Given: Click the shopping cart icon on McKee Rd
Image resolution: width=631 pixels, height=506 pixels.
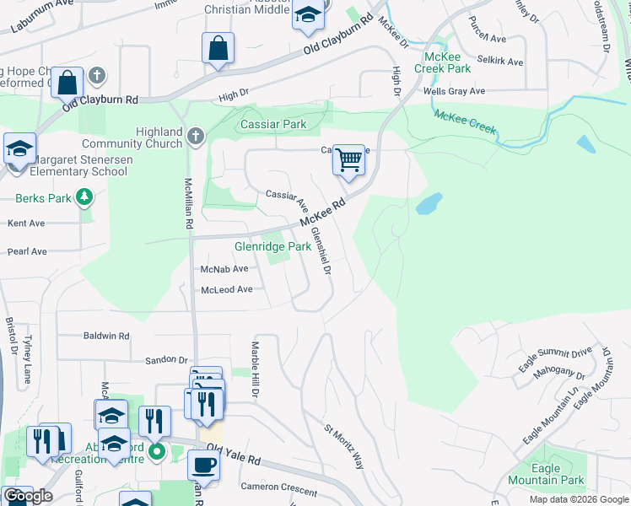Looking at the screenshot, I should pyautogui.click(x=348, y=159).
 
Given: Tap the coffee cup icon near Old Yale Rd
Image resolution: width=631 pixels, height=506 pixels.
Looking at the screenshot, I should pyautogui.click(x=203, y=464).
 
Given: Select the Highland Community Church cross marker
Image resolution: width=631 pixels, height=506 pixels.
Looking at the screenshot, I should pyautogui.click(x=196, y=135).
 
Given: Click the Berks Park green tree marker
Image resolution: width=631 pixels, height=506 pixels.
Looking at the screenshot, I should pyautogui.click(x=84, y=198).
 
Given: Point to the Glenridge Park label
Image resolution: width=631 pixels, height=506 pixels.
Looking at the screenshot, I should pyautogui.click(x=272, y=247).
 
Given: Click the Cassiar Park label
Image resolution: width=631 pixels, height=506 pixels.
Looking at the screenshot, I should pyautogui.click(x=274, y=125).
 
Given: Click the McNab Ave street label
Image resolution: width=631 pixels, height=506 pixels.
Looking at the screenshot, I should pyautogui.click(x=224, y=269).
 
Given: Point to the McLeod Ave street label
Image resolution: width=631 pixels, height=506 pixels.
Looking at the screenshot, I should pyautogui.click(x=226, y=289).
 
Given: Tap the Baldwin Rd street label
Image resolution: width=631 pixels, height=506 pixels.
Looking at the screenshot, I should pyautogui.click(x=106, y=336).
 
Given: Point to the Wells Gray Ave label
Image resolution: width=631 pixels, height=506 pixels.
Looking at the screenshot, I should pyautogui.click(x=454, y=91).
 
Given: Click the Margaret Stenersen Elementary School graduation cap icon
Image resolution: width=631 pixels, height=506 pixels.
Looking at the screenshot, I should pyautogui.click(x=19, y=149).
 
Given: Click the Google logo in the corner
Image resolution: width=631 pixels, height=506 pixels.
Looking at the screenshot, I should pyautogui.click(x=28, y=496).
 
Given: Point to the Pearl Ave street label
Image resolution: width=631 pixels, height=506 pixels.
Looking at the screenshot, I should pyautogui.click(x=27, y=251).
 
